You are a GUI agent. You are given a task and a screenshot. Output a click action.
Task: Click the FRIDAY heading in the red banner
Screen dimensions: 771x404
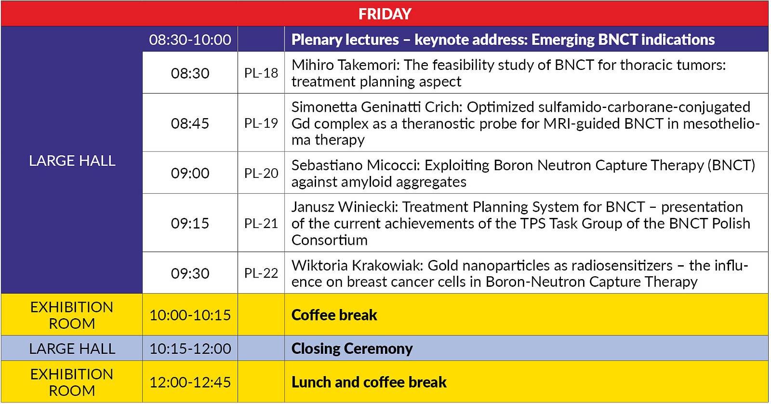click(x=385, y=14)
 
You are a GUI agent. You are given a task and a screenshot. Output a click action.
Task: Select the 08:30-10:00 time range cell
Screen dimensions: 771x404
click(x=190, y=40)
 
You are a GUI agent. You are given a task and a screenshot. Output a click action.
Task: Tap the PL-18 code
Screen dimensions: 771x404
click(x=261, y=73)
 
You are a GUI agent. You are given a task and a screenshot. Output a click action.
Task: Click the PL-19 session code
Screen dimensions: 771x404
click(x=261, y=123)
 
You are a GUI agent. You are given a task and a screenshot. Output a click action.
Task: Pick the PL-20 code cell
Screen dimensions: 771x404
click(x=261, y=173)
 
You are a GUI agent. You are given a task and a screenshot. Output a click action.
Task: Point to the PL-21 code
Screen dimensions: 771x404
click(x=261, y=223)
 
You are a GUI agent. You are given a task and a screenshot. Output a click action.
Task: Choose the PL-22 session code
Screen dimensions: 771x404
click(x=261, y=273)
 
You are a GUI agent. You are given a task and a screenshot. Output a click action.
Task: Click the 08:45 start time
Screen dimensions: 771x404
click(x=190, y=123)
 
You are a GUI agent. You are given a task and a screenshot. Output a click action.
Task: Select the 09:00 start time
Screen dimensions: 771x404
click(x=190, y=173)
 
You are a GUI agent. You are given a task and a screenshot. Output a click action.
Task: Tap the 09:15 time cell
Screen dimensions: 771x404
click(x=190, y=223)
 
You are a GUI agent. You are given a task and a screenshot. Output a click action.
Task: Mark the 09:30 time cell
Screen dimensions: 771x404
click(x=190, y=273)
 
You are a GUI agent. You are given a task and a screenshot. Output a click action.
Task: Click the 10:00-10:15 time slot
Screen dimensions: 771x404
click(x=190, y=315)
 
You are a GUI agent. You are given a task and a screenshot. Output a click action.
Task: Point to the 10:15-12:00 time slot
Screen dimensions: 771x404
click(x=190, y=349)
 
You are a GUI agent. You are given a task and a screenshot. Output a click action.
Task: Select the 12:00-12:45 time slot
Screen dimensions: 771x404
click(x=190, y=382)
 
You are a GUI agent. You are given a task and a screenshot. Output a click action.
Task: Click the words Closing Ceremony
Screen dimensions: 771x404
click(x=352, y=349)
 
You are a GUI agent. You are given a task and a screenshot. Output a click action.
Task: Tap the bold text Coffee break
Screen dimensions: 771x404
click(x=334, y=315)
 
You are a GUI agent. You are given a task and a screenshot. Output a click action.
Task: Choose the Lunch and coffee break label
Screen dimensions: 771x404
click(x=369, y=382)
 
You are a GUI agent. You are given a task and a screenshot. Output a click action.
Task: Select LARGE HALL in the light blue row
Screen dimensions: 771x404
click(x=72, y=349)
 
